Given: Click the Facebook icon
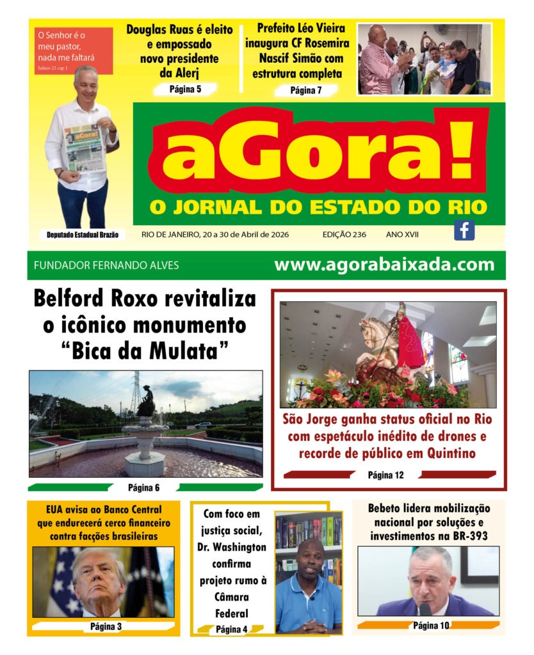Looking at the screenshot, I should pos(464,230).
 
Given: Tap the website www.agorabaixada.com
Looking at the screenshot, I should pos(384,265).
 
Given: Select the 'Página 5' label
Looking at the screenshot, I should pos(185,89).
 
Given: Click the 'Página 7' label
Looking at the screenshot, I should pos(306,90).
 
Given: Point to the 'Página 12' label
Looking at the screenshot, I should pos(385,475).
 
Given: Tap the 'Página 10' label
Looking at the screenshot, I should pos(431,625).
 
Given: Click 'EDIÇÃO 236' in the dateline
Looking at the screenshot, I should pos(344,235).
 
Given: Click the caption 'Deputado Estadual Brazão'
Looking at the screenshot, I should pos(82,235).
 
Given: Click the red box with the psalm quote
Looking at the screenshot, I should pos(74,51).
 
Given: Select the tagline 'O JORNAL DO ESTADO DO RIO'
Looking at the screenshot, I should pos(318,207).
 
